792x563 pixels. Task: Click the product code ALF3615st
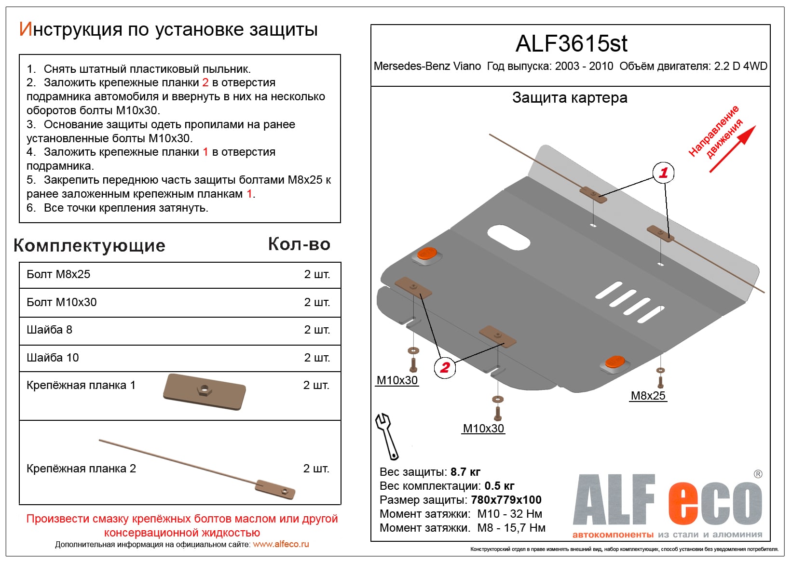click(571, 44)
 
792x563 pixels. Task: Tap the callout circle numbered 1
click(663, 173)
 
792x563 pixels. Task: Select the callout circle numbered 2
click(445, 368)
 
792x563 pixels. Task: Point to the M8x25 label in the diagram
click(648, 396)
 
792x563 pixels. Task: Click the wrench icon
click(387, 436)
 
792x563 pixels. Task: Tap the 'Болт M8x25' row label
click(58, 274)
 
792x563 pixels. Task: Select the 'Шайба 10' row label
click(53, 358)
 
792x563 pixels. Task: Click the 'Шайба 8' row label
click(49, 330)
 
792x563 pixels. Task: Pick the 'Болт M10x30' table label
click(62, 302)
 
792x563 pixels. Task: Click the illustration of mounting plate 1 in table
click(205, 391)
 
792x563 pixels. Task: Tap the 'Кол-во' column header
click(299, 244)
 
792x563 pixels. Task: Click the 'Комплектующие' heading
click(90, 245)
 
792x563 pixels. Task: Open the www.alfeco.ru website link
click(281, 544)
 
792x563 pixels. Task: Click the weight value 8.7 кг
click(465, 472)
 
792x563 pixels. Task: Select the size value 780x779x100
click(506, 500)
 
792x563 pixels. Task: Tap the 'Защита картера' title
click(570, 98)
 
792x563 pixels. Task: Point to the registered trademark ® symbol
click(758, 474)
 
